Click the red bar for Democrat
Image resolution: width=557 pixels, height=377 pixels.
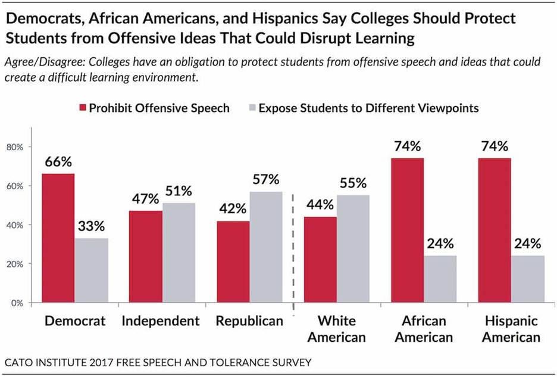(x=58, y=238)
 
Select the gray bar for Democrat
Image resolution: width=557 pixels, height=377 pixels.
(x=90, y=270)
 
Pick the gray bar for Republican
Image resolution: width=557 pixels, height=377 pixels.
(x=266, y=247)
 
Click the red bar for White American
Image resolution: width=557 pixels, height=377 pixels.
(x=320, y=260)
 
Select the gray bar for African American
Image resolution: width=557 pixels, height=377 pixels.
(x=440, y=279)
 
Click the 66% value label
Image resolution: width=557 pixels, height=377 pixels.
(x=58, y=163)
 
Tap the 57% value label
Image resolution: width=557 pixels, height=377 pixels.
(x=265, y=180)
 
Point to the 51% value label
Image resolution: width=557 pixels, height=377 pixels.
(x=179, y=192)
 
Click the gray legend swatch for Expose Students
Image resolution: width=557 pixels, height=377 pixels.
(x=252, y=108)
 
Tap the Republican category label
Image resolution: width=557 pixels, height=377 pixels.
(x=249, y=321)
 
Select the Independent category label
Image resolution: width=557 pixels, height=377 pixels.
(x=161, y=321)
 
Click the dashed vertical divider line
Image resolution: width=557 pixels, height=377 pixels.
(x=293, y=250)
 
